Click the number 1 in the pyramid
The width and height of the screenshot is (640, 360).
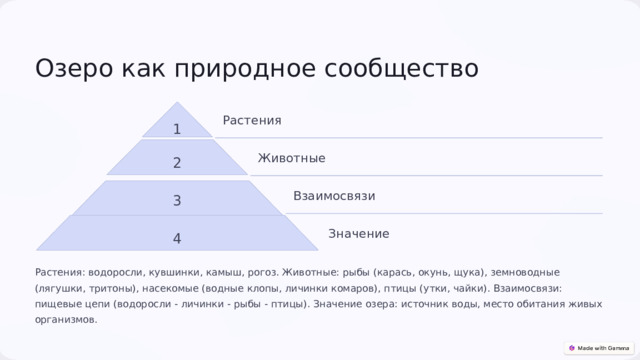(177, 129)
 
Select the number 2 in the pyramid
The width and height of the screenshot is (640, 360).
(177, 163)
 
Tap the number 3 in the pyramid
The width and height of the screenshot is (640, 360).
(177, 200)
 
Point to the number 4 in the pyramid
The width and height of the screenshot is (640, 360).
(177, 238)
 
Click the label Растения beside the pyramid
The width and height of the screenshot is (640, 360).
(252, 121)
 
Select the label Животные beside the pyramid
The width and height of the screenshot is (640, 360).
(291, 158)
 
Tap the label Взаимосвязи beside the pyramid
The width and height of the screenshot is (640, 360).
(334, 196)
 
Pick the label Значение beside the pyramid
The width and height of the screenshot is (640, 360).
(358, 234)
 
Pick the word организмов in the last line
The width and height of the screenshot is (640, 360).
(65, 319)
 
